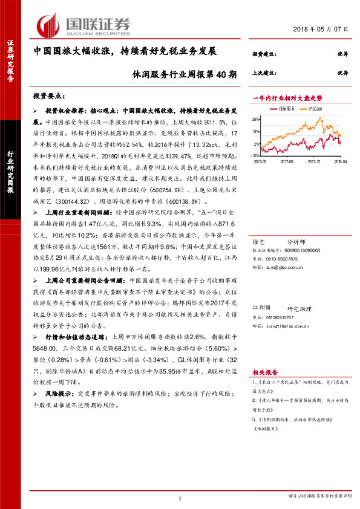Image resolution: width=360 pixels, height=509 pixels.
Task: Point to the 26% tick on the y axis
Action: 257,118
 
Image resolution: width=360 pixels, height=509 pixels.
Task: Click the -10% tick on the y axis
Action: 256,155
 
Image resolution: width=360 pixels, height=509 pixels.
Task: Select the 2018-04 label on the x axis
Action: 341,161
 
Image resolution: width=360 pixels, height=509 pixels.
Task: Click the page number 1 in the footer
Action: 180,497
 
